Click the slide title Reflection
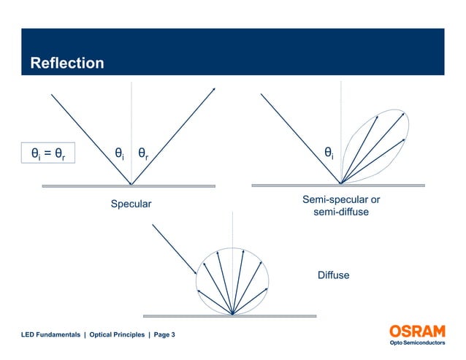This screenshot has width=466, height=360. pos(67,64)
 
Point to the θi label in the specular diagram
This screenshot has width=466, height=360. pos(118,154)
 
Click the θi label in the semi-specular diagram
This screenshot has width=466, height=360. pos(329,153)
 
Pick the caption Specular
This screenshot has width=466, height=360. pos(131,204)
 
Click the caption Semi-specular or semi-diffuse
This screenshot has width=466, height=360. pos(340,206)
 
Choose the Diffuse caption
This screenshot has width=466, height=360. pos(333,275)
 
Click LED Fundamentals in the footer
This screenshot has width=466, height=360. pos(50,334)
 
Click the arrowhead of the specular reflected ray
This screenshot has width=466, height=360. pos(214,89)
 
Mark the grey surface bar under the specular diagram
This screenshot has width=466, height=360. pos(129,186)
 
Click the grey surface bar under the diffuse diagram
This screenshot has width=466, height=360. pos(229,316)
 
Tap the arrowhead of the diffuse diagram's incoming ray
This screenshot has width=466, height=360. pos(195,272)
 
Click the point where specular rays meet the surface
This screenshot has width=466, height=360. pos(131,184)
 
